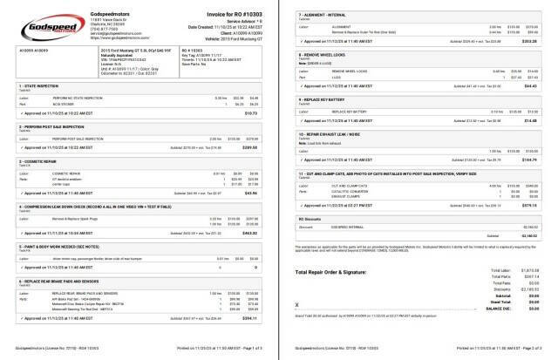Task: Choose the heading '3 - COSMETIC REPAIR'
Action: [40, 162]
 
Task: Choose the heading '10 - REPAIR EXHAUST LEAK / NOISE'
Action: [333, 133]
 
